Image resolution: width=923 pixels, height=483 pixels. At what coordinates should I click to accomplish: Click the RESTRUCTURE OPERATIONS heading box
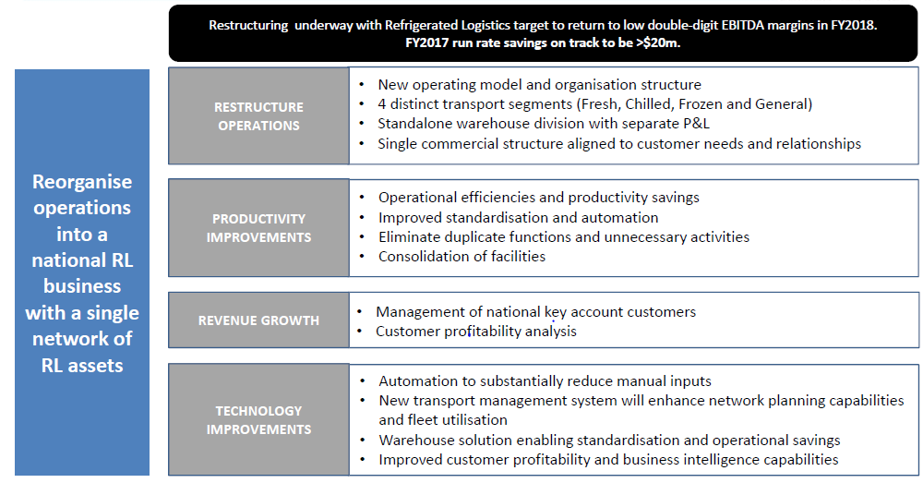point(258,115)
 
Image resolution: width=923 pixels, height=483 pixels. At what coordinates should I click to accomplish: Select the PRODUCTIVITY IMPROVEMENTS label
point(259,228)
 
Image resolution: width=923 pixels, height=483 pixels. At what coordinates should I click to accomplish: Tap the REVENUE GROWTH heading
point(258,320)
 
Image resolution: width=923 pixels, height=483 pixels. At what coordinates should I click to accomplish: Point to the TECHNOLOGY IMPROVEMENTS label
point(259,420)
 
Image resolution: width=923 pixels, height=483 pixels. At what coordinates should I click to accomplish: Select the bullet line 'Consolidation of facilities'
point(462,256)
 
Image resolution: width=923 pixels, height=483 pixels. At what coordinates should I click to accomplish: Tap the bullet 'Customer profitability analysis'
point(476,331)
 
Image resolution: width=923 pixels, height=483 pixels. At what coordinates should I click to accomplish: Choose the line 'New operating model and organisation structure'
point(540,85)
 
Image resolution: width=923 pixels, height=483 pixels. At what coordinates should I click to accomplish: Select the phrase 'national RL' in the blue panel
point(82,260)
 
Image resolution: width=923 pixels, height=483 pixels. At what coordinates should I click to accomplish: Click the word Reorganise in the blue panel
point(82,182)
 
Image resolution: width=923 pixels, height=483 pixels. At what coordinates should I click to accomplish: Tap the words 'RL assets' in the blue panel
point(82,365)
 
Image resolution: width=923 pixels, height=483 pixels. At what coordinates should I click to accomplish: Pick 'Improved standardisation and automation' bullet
point(519,217)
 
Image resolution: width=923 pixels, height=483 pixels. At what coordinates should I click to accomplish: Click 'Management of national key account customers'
point(536,311)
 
